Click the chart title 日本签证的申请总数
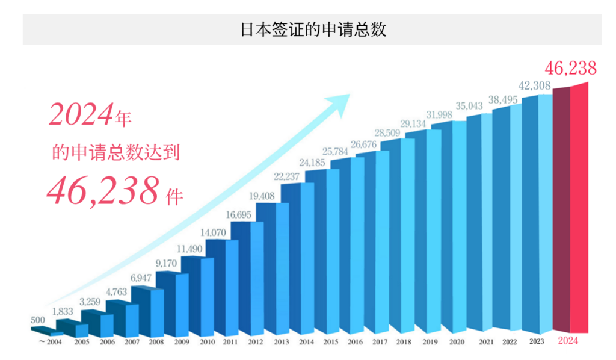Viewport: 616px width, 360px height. tap(312, 29)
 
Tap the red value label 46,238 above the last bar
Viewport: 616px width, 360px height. tap(570, 68)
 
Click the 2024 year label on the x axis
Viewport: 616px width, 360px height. tap(568, 342)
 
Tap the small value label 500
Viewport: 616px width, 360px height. tap(37, 320)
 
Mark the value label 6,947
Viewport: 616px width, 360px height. tap(144, 278)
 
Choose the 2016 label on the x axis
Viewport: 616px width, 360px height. tap(355, 342)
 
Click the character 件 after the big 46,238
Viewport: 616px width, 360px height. tap(174, 197)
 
